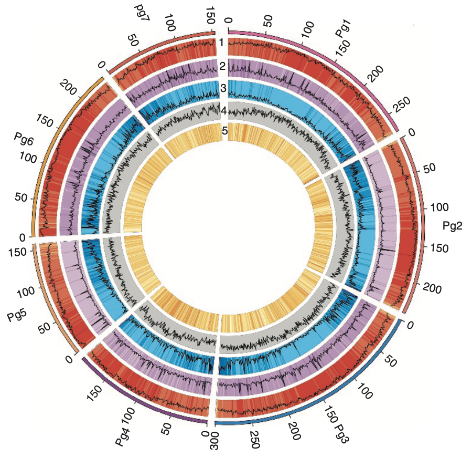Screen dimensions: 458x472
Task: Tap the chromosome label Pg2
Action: [452, 226]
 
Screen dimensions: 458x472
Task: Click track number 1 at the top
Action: [222, 43]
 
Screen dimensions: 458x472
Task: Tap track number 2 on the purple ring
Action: [223, 66]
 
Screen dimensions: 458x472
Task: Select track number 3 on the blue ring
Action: [223, 88]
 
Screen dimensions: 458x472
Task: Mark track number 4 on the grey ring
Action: [223, 111]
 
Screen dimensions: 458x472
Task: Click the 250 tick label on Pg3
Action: [254, 441]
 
